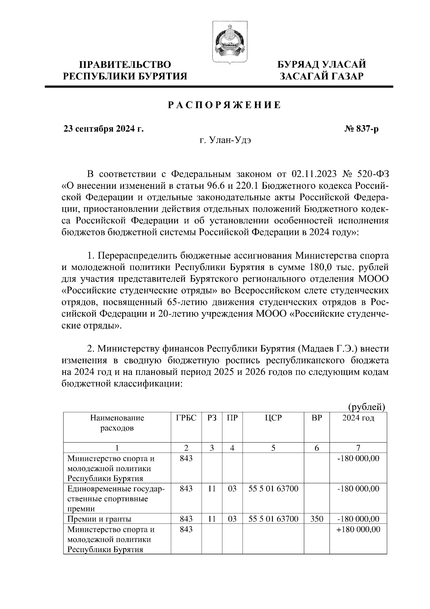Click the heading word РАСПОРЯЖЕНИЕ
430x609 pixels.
[225, 105]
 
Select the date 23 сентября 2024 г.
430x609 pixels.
[104, 129]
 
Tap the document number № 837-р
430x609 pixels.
[361, 129]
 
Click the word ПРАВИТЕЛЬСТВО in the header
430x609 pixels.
[125, 65]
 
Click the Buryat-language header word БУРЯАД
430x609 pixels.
[298, 65]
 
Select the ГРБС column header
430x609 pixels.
[186, 418]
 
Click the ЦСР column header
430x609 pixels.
[273, 418]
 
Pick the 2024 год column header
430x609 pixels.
[358, 418]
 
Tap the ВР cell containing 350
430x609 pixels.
[317, 519]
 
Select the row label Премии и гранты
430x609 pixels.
[99, 519]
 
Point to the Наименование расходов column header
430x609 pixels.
[117, 422]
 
